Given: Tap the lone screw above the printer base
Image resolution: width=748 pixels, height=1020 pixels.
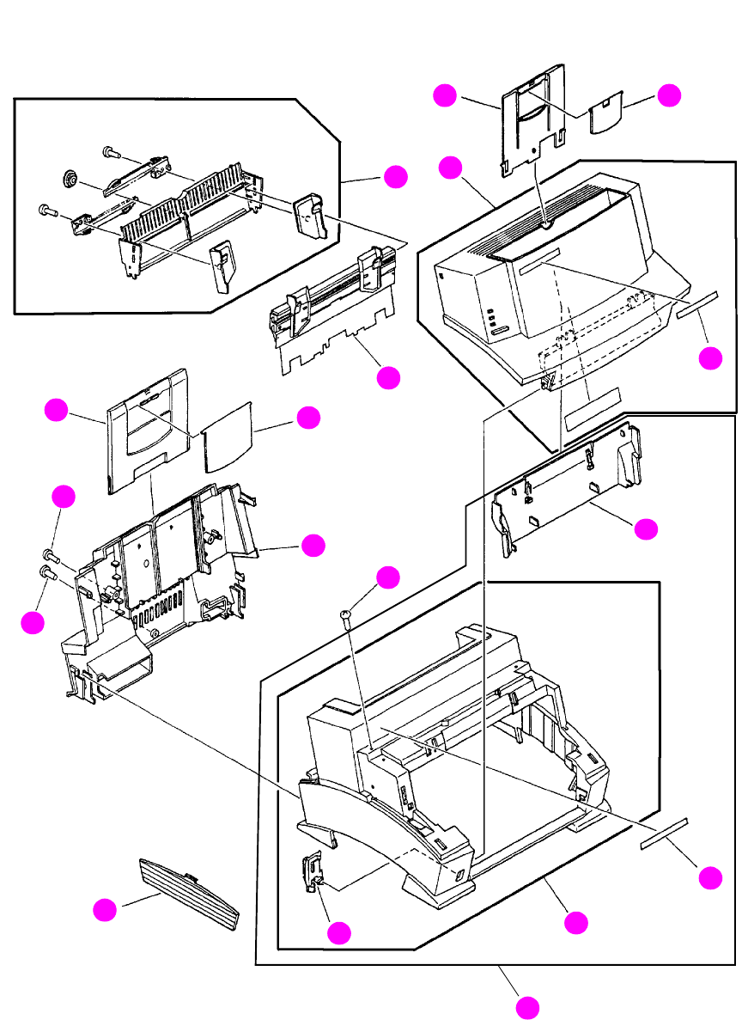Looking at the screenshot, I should click(345, 614).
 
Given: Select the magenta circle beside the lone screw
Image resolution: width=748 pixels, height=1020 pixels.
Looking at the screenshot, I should click(388, 577).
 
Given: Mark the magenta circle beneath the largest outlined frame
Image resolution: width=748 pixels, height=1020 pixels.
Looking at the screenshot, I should click(527, 1007).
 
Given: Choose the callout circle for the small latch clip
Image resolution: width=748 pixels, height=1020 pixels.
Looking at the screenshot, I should click(340, 932).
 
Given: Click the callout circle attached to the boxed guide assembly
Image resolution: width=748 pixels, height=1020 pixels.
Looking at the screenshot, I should click(395, 177).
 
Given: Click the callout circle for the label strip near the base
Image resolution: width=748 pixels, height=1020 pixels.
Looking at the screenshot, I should click(709, 877).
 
